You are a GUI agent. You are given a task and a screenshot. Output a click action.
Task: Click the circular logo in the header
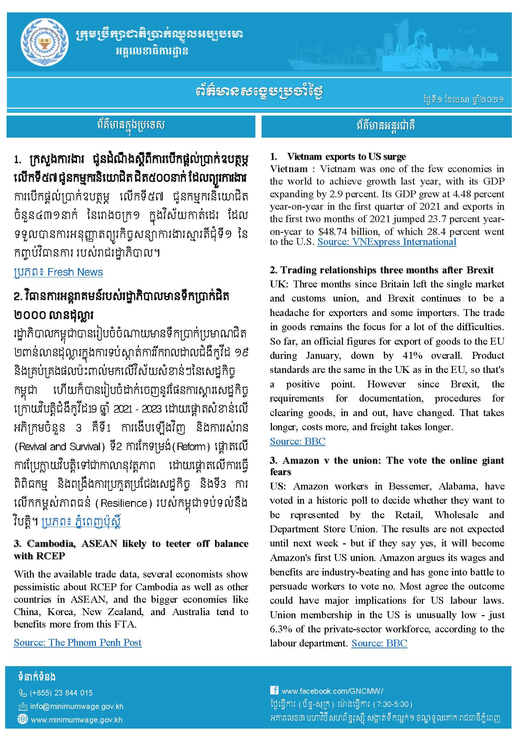tap(44, 44)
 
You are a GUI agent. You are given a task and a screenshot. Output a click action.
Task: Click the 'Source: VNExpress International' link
tap(387, 242)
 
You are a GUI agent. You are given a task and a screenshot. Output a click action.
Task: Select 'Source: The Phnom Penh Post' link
tap(78, 642)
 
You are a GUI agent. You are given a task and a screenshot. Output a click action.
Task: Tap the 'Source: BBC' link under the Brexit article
tap(297, 441)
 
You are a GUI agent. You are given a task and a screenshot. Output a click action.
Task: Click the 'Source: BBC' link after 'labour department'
tap(379, 643)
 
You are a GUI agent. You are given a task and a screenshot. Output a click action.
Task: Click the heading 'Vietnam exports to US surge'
tap(346, 157)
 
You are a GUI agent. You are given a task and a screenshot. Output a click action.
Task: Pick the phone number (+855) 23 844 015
tap(61, 693)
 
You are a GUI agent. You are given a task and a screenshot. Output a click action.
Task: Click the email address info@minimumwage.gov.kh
tap(77, 706)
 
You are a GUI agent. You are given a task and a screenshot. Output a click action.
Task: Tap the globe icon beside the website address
tap(22, 719)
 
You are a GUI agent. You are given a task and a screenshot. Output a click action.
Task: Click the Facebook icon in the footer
tap(274, 690)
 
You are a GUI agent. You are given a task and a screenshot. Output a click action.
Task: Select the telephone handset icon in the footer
tap(22, 693)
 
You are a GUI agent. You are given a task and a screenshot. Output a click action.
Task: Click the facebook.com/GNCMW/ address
tap(332, 691)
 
